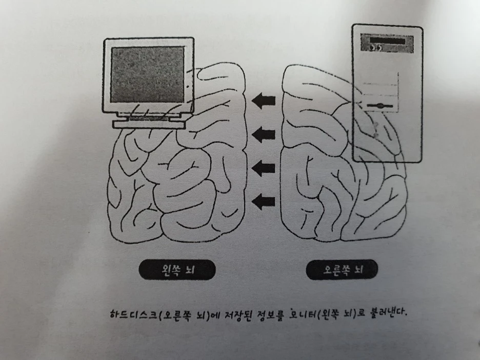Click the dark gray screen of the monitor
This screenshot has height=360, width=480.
click(x=147, y=74)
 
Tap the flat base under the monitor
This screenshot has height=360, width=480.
click(x=148, y=124)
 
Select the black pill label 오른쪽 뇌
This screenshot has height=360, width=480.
click(x=343, y=270)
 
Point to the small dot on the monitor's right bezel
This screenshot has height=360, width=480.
click(x=188, y=87)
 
